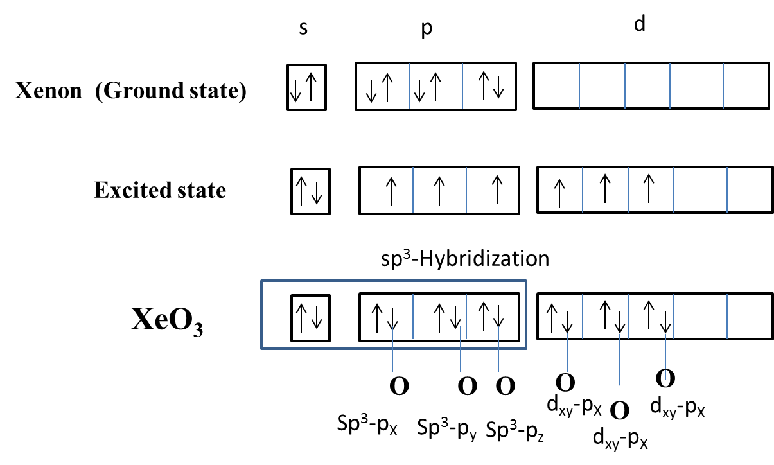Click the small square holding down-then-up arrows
(306, 87)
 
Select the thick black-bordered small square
(310, 318)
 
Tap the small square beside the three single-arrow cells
(310, 191)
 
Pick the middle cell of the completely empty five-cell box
(647, 85)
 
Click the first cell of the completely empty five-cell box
(557, 85)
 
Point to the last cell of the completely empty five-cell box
(745, 85)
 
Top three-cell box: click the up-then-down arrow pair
(491, 85)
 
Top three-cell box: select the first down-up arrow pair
(379, 88)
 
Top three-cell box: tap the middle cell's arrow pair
(428, 88)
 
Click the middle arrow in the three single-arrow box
(439, 191)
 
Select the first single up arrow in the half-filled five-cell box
(559, 193)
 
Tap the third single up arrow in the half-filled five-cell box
(649, 189)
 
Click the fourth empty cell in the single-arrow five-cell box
(700, 190)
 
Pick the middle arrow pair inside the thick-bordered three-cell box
(447, 317)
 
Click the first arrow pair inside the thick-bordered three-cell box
(385, 317)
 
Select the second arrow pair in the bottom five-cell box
(612, 317)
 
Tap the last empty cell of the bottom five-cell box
(749, 317)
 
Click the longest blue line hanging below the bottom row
(620, 360)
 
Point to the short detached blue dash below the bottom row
(665, 374)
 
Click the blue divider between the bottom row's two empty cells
(727, 317)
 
